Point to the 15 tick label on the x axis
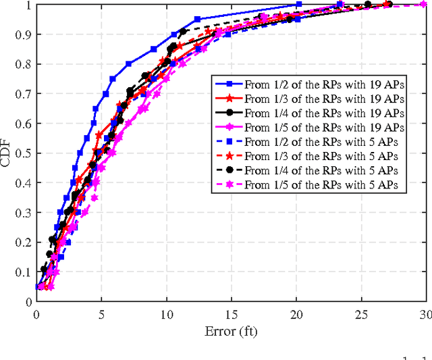point(231,314)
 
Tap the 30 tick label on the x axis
point(425,314)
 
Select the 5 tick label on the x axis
point(101,314)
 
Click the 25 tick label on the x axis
point(360,314)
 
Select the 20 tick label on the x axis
point(296,314)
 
